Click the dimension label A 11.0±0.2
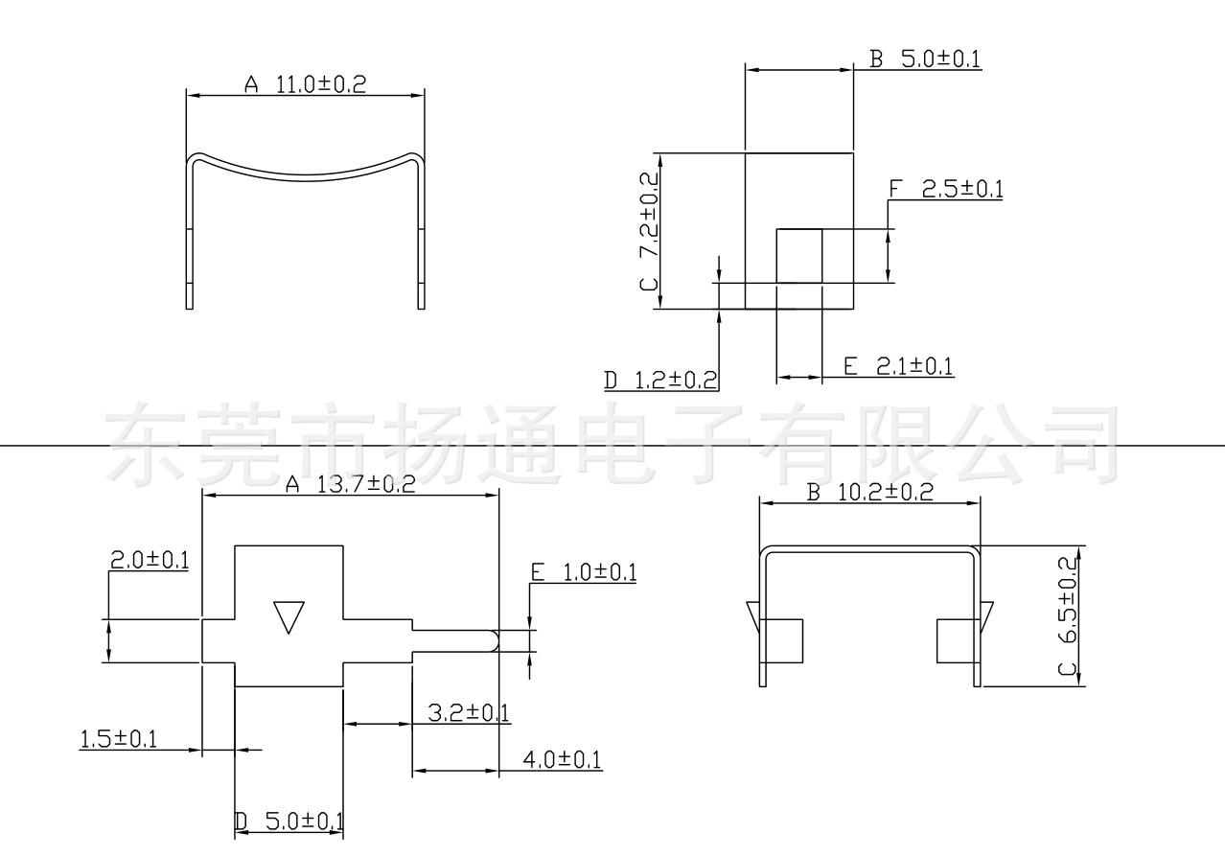[305, 84]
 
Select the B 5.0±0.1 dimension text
[925, 58]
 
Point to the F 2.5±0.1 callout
[946, 189]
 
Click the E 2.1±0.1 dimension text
[898, 366]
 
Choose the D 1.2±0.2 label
[660, 381]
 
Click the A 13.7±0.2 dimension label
[351, 484]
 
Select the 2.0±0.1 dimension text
[150, 560]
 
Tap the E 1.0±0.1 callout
[584, 572]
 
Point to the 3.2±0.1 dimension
[468, 713]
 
